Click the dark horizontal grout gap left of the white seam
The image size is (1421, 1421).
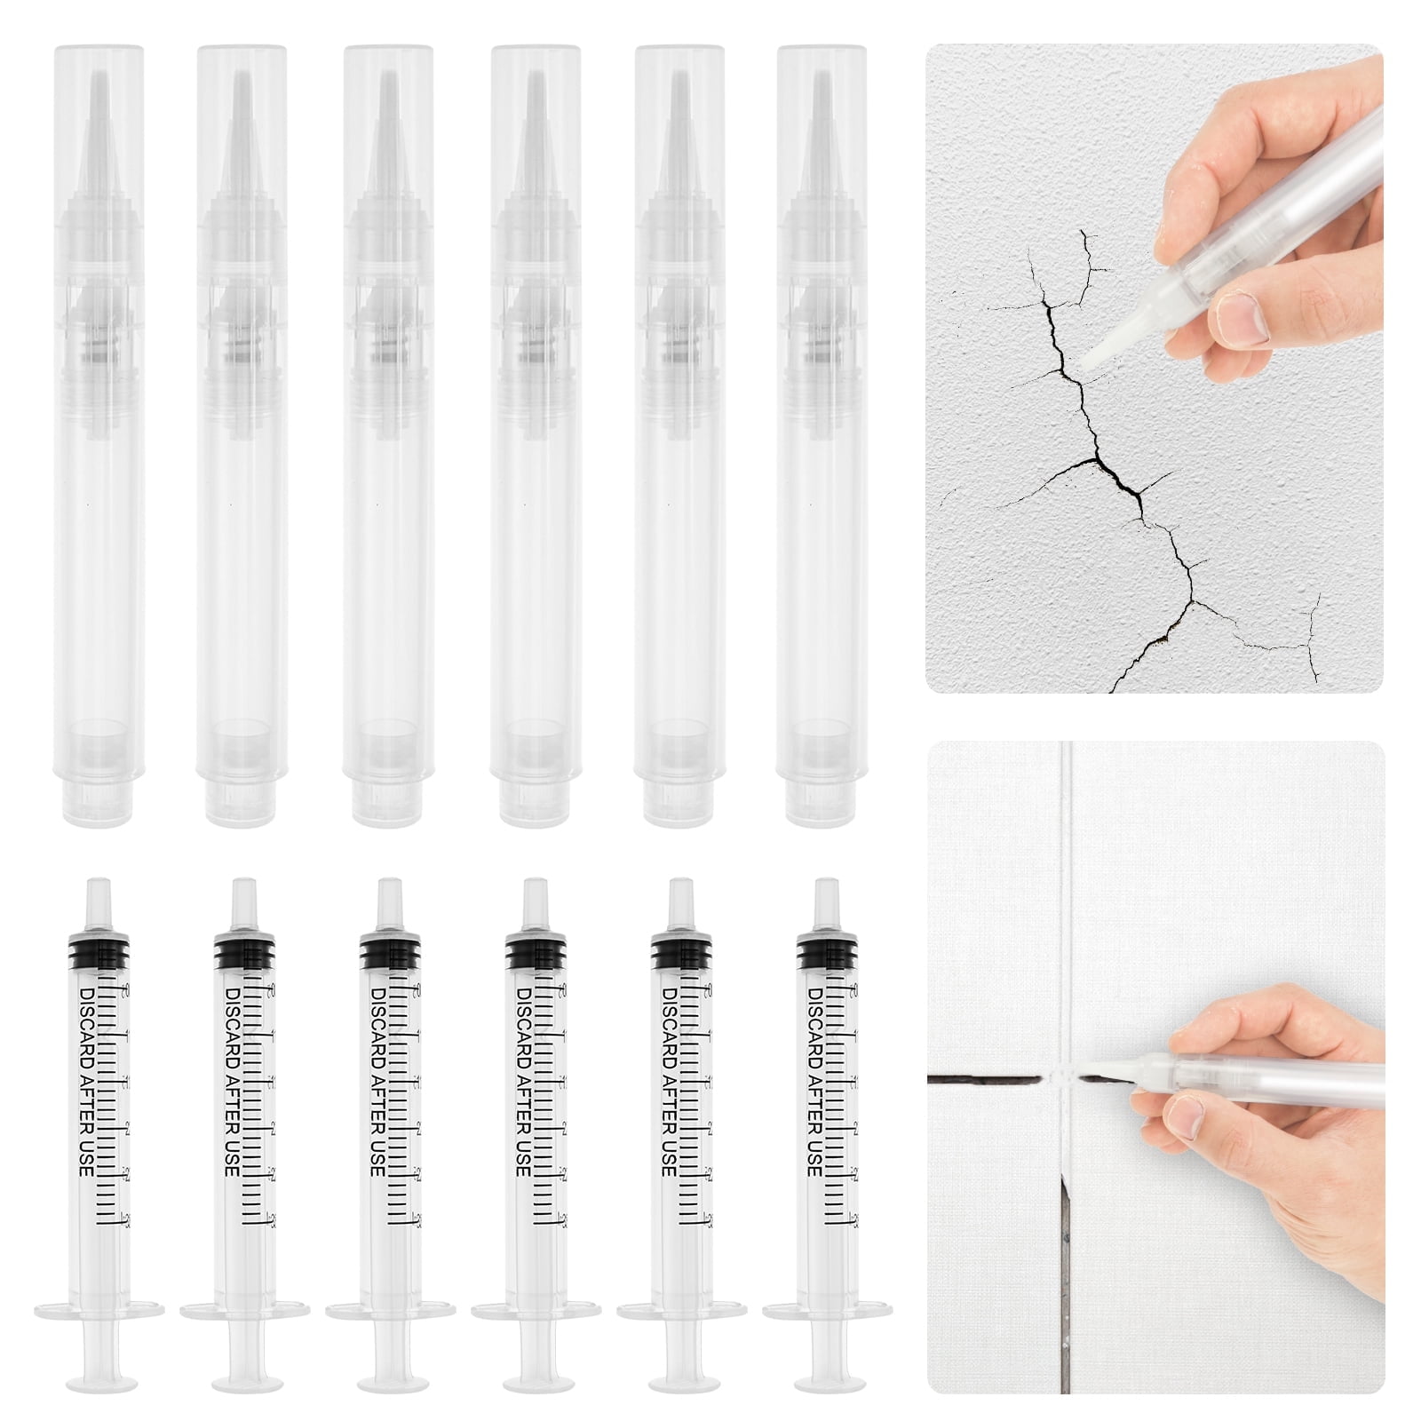coord(981,1080)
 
